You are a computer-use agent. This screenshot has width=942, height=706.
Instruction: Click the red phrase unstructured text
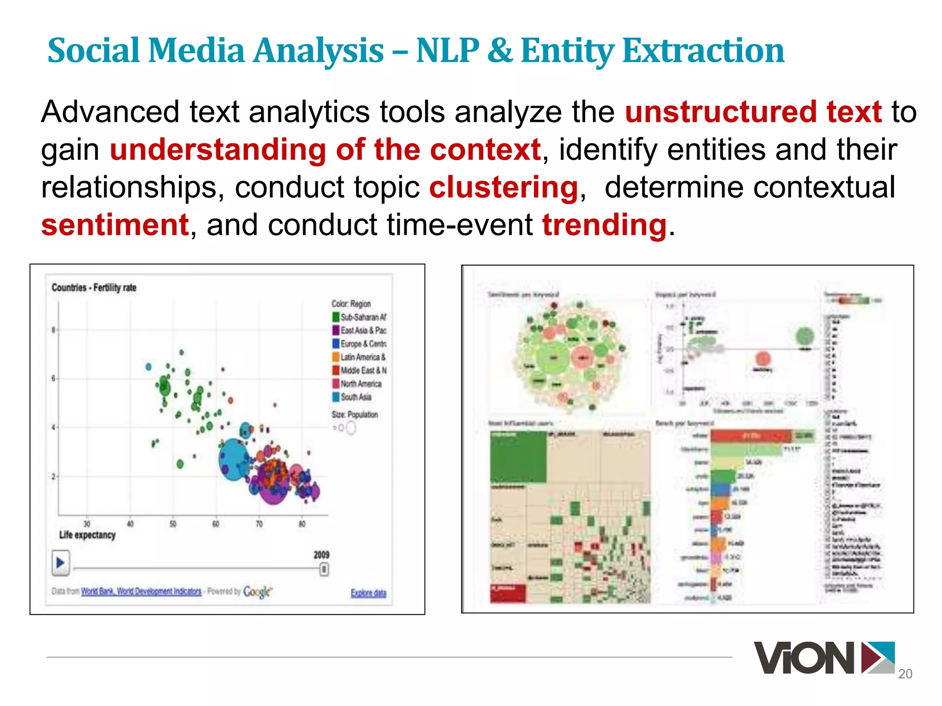tap(753, 112)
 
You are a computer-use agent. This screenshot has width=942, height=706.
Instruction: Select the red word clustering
tap(503, 188)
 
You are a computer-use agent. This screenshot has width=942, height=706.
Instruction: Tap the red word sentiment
tap(115, 225)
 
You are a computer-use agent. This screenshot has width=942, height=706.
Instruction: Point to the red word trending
tap(604, 225)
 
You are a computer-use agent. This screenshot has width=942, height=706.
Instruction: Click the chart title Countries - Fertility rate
tap(94, 288)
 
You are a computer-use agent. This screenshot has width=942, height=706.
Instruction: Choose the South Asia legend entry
tap(352, 397)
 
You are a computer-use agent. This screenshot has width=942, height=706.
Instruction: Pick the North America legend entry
tap(356, 384)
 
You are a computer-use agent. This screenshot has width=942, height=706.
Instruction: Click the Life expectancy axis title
tap(87, 535)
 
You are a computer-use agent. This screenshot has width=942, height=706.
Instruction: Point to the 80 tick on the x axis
tap(302, 524)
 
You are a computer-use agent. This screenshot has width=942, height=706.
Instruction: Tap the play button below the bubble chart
tap(60, 563)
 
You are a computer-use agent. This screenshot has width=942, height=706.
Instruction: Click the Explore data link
tap(368, 593)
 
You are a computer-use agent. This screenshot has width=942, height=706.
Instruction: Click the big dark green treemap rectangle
tap(518, 457)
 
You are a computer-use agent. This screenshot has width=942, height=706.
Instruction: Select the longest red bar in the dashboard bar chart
tap(751, 436)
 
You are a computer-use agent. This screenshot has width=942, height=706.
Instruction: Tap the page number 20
tap(905, 674)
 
